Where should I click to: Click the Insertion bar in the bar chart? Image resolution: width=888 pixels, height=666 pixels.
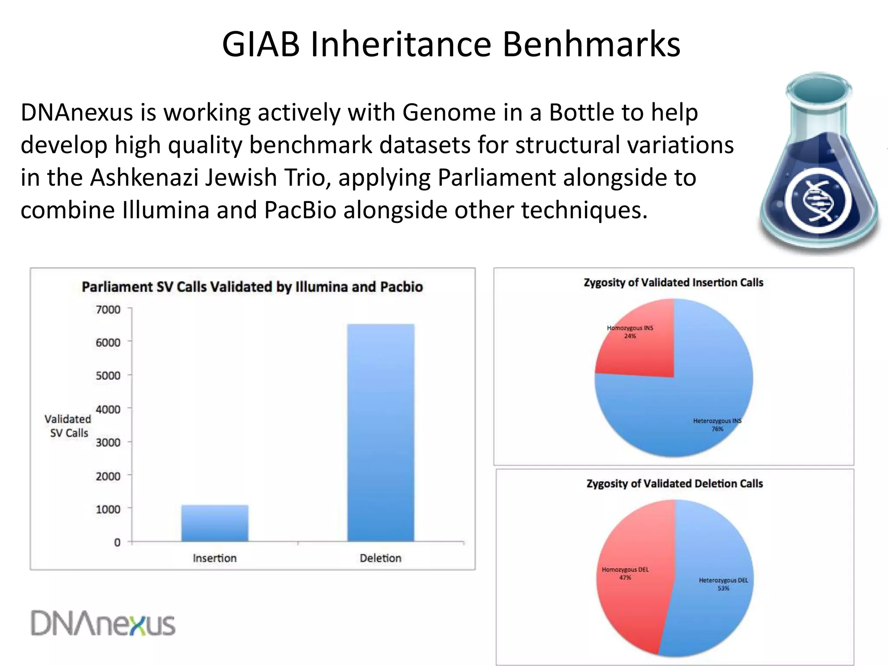coord(215,523)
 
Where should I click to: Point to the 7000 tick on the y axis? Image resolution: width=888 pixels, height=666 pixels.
coord(108,310)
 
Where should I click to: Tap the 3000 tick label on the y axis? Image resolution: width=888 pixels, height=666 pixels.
coord(108,442)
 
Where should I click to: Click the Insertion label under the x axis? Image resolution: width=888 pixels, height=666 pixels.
coord(215,558)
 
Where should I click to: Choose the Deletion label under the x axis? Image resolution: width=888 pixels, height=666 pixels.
coord(380,558)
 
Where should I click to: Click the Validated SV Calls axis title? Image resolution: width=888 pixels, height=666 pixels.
coord(68,426)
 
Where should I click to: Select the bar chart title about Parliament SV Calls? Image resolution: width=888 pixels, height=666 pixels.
coord(252,287)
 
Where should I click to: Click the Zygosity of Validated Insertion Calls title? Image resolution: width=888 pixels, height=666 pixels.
coord(673,283)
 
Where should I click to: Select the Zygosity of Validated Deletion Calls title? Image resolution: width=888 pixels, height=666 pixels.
coord(675,484)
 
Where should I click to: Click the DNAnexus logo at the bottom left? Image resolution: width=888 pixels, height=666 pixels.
coord(103,624)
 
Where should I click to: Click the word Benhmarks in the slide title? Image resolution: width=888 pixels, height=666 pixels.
coord(591,44)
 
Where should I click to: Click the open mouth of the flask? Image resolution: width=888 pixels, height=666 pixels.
coord(819,89)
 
